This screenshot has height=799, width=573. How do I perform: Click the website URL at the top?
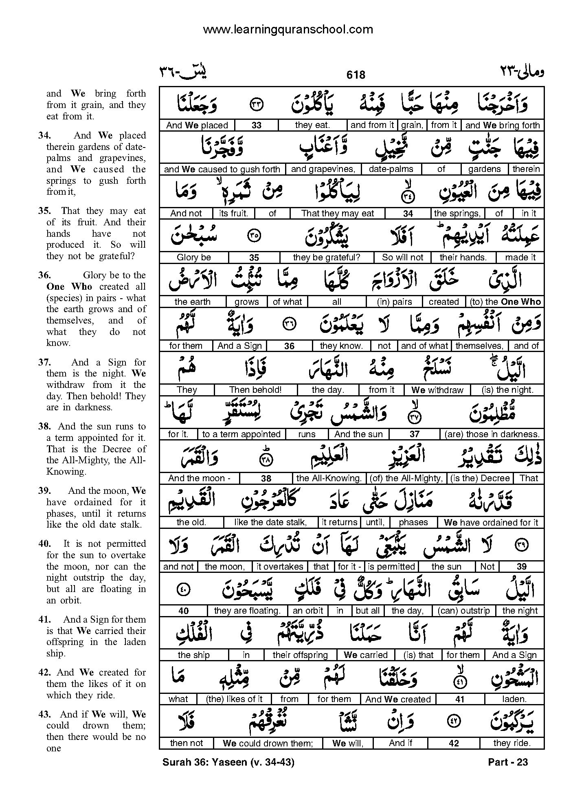pos(288,30)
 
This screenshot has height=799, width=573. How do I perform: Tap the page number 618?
pos(356,75)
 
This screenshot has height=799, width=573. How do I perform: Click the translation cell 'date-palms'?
pos(391,169)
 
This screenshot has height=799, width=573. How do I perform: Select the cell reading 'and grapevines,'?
pos(323,169)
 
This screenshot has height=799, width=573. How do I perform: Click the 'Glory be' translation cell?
pos(193,258)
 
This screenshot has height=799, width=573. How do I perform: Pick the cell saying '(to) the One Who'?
pos(505,302)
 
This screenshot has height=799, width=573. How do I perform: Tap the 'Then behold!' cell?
pos(255,390)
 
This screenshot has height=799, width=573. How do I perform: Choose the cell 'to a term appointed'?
pos(241,434)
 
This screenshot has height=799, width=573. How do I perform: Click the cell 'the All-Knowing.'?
pos(329,478)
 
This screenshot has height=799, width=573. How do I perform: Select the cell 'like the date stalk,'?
pos(270,522)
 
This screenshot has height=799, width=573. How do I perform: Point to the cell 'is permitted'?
pos(391,566)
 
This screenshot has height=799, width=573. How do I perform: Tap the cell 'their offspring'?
pos(300,655)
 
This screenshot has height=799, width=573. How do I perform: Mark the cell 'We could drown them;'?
pos(268,743)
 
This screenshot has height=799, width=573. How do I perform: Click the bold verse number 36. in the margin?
pos(44,275)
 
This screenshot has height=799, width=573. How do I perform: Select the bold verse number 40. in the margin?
pos(44,544)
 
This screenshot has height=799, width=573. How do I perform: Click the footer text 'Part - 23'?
pos(507,762)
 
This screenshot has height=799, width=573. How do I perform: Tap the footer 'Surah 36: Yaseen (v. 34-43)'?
pos(228,762)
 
